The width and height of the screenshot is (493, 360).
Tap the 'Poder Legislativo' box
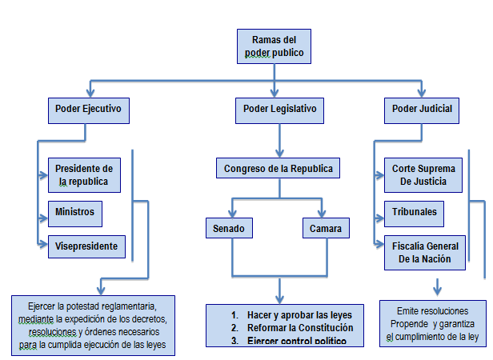click(279, 108)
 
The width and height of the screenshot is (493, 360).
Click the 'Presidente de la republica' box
click(85, 174)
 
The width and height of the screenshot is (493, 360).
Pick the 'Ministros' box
click(75, 212)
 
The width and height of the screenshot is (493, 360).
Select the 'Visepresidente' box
click(86, 246)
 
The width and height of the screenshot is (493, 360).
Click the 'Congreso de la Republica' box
click(278, 169)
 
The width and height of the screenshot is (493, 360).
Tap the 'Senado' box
click(229, 229)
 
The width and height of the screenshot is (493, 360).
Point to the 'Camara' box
click(326, 229)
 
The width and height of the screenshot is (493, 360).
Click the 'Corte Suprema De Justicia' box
click(423, 174)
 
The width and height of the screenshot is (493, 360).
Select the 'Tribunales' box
click(415, 212)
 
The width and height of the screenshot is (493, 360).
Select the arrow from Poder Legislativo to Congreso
click(279, 140)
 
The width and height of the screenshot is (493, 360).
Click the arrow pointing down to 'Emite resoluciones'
click(437, 286)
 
